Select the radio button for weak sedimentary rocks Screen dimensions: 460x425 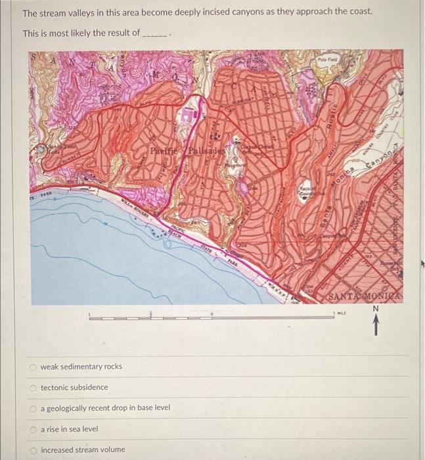[x=32, y=367]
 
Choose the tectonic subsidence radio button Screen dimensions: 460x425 [x=32, y=388]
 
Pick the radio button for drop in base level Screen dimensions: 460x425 [x=32, y=408]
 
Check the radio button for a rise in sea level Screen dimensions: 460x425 [x=32, y=429]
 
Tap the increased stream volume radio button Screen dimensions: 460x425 [x=32, y=450]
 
